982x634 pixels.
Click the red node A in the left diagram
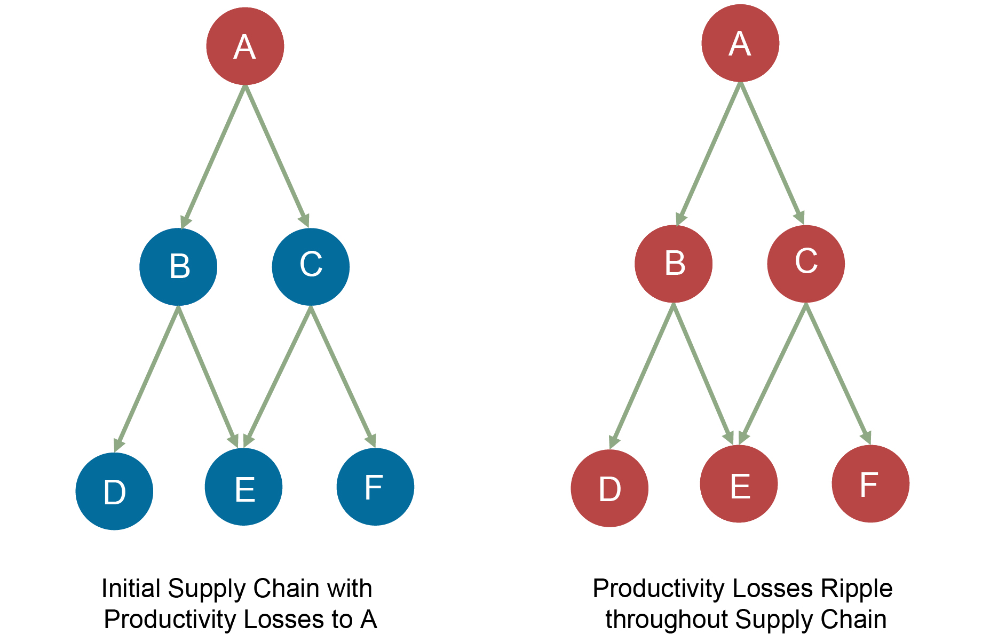coord(245,46)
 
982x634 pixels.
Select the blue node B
coord(178,266)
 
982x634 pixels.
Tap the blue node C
coord(311,266)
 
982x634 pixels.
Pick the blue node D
coord(114,491)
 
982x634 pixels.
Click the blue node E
coord(243,487)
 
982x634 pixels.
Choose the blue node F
coord(375,487)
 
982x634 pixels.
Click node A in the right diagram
coord(740,43)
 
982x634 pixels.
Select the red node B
coord(674,264)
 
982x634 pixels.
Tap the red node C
coord(806,264)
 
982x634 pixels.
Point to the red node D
coord(609,488)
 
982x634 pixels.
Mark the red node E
coord(739,484)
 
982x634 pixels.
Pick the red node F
coord(870,484)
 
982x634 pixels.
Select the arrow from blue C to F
coord(343,376)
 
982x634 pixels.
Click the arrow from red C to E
coord(773,374)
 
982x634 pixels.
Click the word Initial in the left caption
coord(131,588)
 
